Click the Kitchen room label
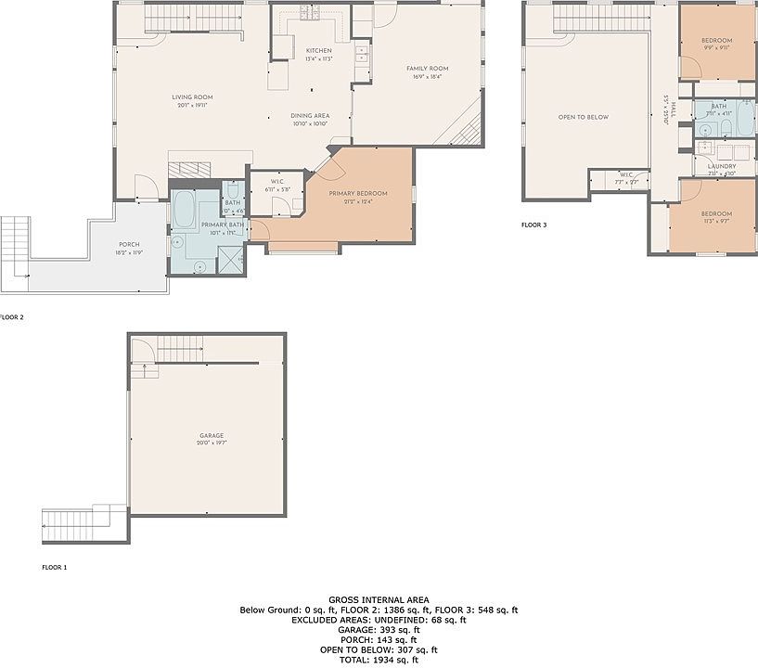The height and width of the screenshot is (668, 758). pyautogui.click(x=318, y=50)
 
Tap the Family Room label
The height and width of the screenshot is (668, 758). pyautogui.click(x=427, y=69)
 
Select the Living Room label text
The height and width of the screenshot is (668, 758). pyautogui.click(x=192, y=97)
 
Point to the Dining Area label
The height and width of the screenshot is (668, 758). pyautogui.click(x=311, y=116)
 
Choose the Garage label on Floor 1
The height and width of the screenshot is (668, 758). pyautogui.click(x=211, y=435)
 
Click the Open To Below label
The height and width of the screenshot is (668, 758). pyautogui.click(x=583, y=117)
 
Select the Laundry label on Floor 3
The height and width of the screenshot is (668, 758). pyautogui.click(x=721, y=166)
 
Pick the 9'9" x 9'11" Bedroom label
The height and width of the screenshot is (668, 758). pyautogui.click(x=716, y=41)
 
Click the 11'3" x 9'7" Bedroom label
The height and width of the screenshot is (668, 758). pyautogui.click(x=716, y=213)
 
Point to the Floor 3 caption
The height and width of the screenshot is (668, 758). pyautogui.click(x=534, y=225)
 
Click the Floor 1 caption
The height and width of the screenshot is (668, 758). pyautogui.click(x=55, y=566)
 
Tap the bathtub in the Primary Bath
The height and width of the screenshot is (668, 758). pyautogui.click(x=183, y=212)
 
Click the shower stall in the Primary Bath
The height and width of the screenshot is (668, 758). pyautogui.click(x=230, y=260)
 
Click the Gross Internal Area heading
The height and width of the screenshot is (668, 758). pyautogui.click(x=379, y=599)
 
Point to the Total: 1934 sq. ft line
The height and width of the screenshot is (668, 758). pyautogui.click(x=379, y=660)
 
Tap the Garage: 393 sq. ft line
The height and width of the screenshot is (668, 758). pyautogui.click(x=379, y=630)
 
